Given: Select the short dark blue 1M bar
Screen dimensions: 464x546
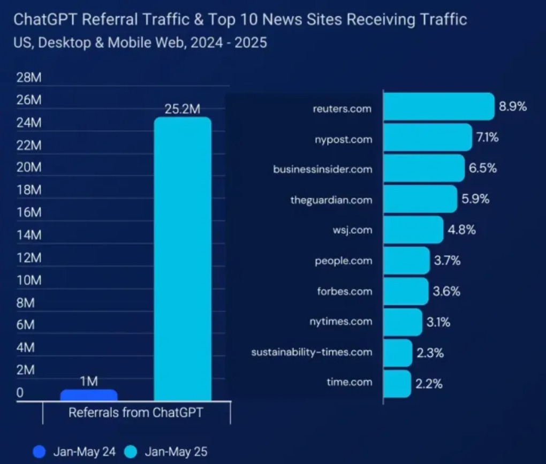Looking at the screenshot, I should (89, 395).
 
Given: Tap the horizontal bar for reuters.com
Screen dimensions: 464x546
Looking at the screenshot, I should (438, 107).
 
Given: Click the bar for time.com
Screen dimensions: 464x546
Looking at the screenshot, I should (397, 383).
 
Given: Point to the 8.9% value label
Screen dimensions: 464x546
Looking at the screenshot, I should (513, 107).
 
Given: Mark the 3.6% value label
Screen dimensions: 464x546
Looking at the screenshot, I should (446, 291).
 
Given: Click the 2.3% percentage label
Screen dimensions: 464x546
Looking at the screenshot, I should (430, 353).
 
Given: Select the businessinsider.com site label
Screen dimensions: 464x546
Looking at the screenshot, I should (322, 169).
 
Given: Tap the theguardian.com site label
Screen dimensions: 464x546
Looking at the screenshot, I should (331, 200).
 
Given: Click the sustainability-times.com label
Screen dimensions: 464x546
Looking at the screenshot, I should (312, 352).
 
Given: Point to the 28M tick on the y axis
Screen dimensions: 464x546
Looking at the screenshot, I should (29, 78).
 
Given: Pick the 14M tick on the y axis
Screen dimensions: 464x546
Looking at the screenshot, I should (29, 235).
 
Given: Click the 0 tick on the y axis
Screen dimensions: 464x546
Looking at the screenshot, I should (20, 392).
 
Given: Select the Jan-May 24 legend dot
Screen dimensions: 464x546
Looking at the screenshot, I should (39, 452).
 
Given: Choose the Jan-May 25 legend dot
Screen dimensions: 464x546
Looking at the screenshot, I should (131, 452).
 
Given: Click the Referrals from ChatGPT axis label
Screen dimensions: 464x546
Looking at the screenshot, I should (136, 413).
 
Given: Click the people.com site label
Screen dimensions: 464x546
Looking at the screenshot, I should (343, 261).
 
